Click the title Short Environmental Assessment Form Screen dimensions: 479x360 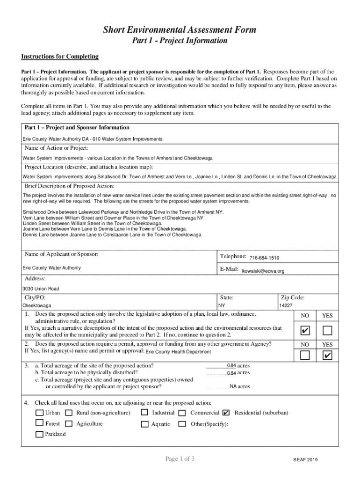click(x=180, y=30)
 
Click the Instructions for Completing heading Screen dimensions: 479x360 click(x=60, y=57)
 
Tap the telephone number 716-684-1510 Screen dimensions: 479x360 click(x=264, y=258)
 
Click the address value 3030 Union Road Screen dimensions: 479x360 click(x=41, y=289)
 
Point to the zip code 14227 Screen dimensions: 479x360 click(x=286, y=305)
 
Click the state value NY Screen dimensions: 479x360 click(x=222, y=305)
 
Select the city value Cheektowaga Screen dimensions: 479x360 click(x=37, y=305)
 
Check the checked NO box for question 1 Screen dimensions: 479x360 click(x=305, y=331)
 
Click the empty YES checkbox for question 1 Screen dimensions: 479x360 click(x=327, y=331)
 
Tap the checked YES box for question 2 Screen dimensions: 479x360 click(x=327, y=356)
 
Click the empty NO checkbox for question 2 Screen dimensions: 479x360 click(x=305, y=356)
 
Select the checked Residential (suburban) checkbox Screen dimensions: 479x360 click(x=226, y=413)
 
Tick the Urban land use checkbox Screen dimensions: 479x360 click(x=40, y=413)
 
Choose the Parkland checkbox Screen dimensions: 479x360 click(x=40, y=435)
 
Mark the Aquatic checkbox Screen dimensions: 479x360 click(x=144, y=424)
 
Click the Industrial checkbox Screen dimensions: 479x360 click(x=144, y=413)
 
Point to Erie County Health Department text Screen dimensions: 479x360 click(x=178, y=352)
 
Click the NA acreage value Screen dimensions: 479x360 click(x=232, y=387)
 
